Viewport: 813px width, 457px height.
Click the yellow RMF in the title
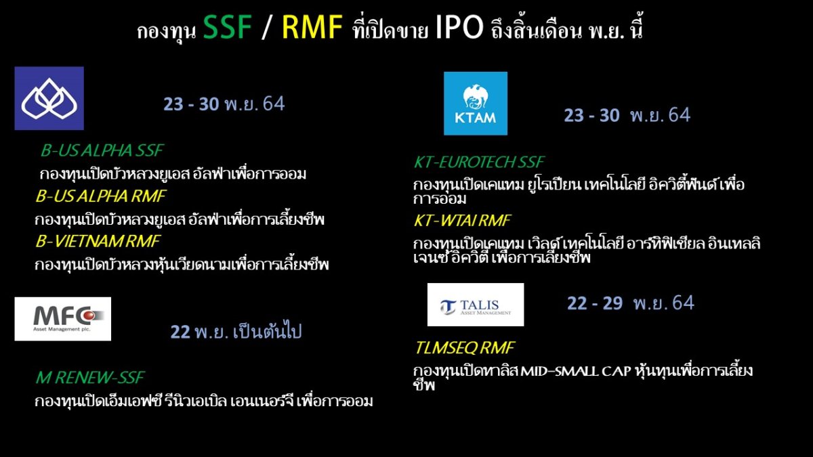[311, 28]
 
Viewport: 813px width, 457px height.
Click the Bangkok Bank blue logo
[49, 98]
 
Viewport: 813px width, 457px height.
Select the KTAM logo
[476, 104]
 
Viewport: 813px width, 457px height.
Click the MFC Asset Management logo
[63, 319]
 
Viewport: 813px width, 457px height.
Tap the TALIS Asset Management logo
[476, 305]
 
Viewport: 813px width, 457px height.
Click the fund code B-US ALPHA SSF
[102, 150]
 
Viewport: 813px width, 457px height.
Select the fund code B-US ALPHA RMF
[101, 196]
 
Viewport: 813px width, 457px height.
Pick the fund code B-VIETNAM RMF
[98, 241]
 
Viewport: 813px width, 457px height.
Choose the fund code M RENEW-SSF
[90, 378]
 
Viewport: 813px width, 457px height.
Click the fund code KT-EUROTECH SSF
[479, 162]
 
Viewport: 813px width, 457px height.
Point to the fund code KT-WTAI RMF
[462, 221]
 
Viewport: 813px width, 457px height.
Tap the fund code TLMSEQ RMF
[465, 348]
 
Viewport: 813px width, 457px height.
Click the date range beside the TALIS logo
[630, 303]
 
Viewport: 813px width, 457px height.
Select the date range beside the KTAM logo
[627, 115]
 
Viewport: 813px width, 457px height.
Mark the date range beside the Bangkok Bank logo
[224, 104]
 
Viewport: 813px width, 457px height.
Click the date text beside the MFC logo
[236, 332]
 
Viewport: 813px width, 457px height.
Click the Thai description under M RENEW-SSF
[204, 401]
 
